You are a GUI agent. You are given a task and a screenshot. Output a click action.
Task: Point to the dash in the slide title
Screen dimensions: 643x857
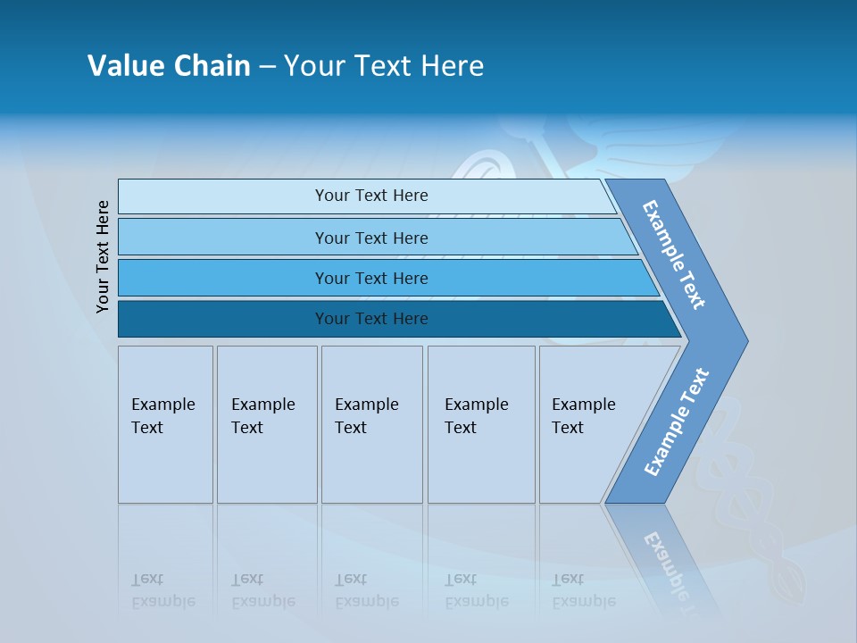coord(267,67)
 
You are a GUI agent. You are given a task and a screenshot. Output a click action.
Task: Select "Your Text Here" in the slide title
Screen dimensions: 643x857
coord(384,66)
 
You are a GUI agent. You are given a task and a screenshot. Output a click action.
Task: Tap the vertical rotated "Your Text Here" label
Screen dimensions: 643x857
coord(103,256)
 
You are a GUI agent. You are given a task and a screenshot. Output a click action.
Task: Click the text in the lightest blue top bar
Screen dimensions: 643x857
coord(371,196)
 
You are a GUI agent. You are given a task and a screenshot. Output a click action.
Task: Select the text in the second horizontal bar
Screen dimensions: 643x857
coord(371,238)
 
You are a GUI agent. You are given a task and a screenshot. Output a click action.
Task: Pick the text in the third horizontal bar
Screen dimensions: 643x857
coord(371,278)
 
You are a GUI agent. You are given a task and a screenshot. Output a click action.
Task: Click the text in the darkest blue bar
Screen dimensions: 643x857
coord(371,319)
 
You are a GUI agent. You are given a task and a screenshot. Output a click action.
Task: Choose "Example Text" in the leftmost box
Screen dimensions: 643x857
coord(162,416)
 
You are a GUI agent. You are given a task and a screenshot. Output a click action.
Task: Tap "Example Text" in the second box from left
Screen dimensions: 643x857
coord(262,416)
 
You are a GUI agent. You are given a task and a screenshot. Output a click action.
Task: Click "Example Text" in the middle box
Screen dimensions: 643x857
coord(366,416)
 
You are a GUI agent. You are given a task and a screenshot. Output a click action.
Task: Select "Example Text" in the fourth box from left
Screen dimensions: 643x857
coord(476,416)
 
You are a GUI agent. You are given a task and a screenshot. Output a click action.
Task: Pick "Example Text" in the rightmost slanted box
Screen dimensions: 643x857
coord(583,416)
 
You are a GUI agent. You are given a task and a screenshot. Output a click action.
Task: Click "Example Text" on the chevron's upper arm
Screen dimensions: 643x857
coord(674,255)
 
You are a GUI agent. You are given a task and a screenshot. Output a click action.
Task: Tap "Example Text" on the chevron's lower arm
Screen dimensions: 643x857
coord(676,422)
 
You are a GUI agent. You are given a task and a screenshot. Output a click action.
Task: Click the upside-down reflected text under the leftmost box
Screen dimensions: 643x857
coord(162,590)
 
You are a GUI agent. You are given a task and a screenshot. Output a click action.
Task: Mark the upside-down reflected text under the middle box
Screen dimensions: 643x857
coord(366,590)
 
